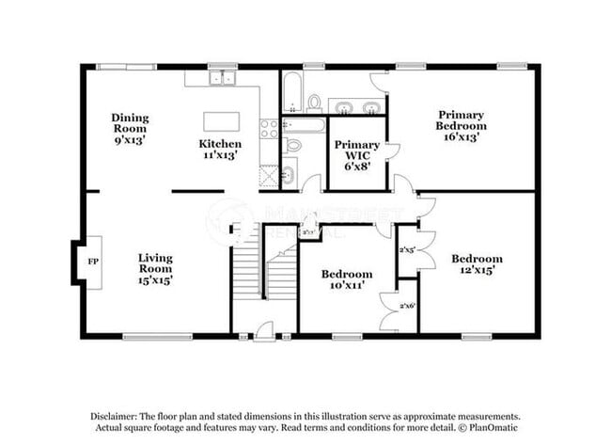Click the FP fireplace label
tap(92, 261)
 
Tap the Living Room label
tap(155, 262)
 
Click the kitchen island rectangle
tap(222, 122)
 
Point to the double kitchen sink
tap(223, 78)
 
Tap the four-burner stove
tap(270, 128)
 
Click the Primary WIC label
tap(357, 150)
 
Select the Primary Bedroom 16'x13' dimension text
tap(461, 136)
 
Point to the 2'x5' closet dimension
tap(408, 250)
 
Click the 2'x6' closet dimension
tap(408, 307)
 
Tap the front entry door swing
tap(264, 329)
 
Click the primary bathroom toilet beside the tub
tap(314, 102)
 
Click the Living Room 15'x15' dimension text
tap(155, 279)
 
